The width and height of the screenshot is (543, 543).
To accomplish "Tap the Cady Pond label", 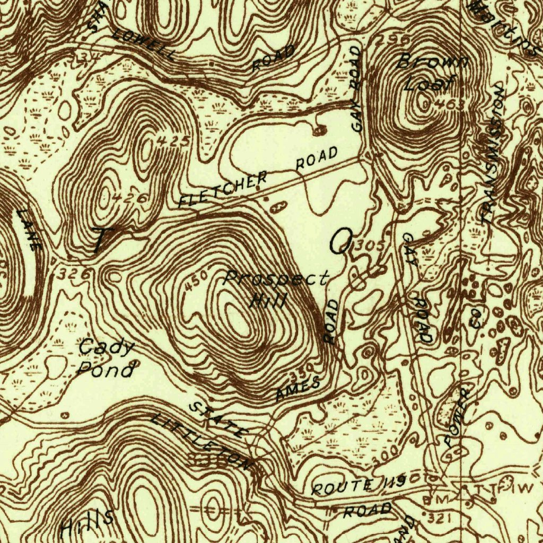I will [106, 358].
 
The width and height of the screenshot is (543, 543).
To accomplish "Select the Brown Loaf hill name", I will [431, 72].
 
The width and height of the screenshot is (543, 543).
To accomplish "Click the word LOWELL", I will [144, 44].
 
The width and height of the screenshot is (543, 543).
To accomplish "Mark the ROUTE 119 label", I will [359, 485].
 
